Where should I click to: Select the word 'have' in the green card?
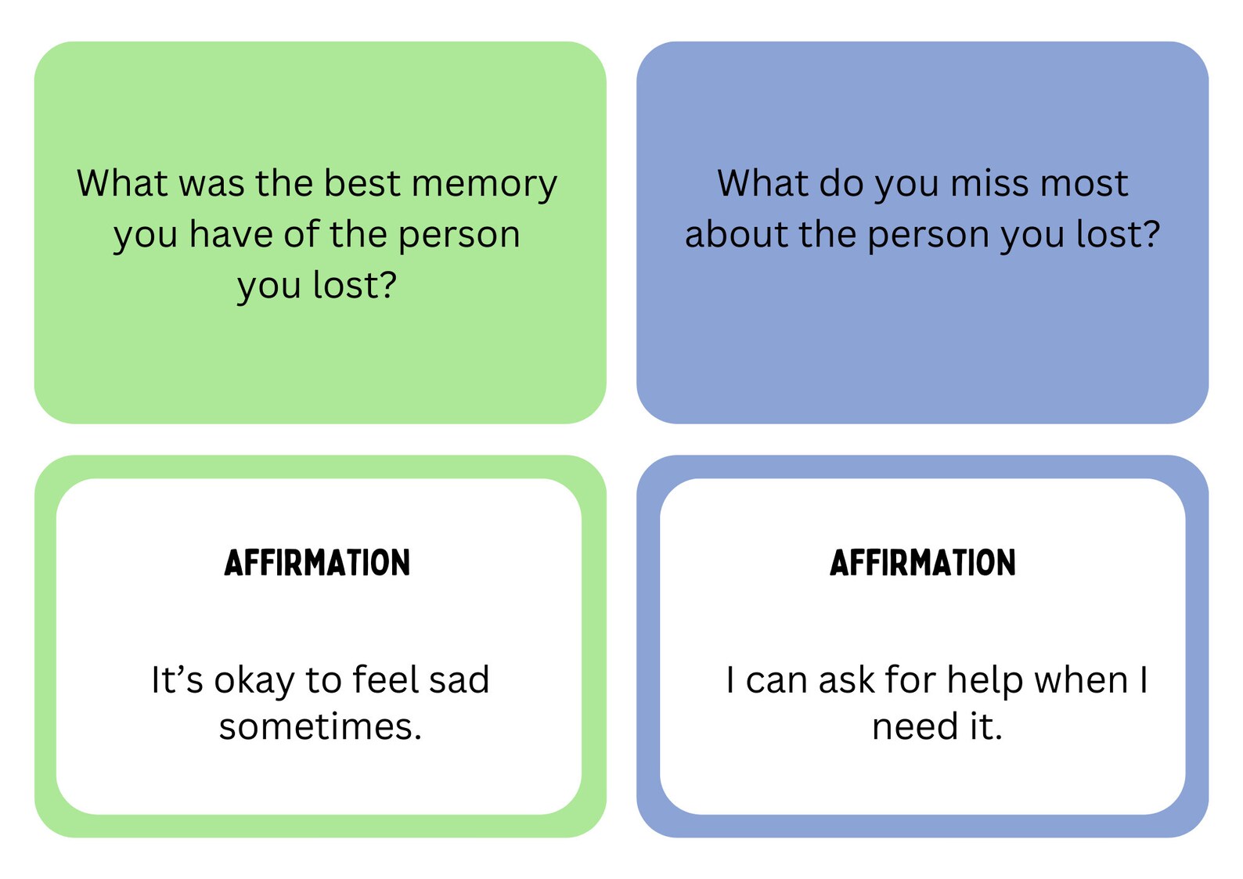230,234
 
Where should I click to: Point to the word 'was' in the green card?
211,183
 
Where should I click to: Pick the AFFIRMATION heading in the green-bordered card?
317,563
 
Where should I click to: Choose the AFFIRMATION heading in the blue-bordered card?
922,563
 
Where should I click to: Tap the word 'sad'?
459,679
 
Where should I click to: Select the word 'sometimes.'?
320,726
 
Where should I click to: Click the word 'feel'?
382,679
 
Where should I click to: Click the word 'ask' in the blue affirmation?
846,679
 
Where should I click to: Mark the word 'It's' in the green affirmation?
177,679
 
